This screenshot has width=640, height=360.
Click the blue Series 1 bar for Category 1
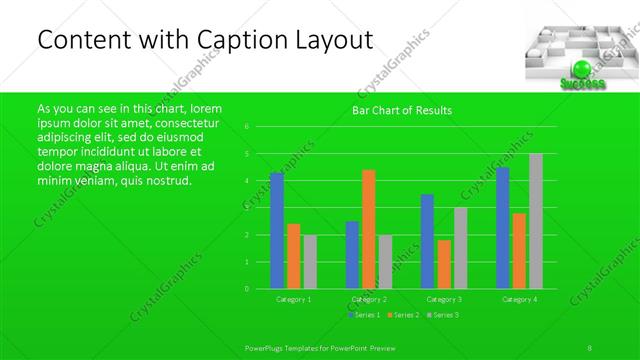[x=277, y=230]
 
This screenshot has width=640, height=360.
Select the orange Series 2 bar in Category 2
[x=369, y=229]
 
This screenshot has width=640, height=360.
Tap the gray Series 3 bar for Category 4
[x=536, y=221]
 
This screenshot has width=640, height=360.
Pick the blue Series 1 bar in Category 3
[x=427, y=241]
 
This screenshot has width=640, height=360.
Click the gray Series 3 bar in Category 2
[x=385, y=262]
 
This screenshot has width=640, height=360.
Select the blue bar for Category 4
[x=503, y=228]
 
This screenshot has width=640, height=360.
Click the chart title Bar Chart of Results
[x=402, y=110]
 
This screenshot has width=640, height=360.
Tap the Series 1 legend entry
[x=363, y=315]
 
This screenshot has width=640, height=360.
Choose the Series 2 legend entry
[x=402, y=315]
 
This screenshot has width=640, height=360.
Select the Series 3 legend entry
[x=441, y=315]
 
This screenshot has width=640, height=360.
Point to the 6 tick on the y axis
[x=246, y=127]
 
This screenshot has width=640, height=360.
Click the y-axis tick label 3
[x=246, y=208]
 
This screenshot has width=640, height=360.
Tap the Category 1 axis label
[x=293, y=299]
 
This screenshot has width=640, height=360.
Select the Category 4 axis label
[x=519, y=299]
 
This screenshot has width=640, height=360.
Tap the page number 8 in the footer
[x=591, y=346]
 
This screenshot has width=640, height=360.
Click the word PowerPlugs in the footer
[x=268, y=346]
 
